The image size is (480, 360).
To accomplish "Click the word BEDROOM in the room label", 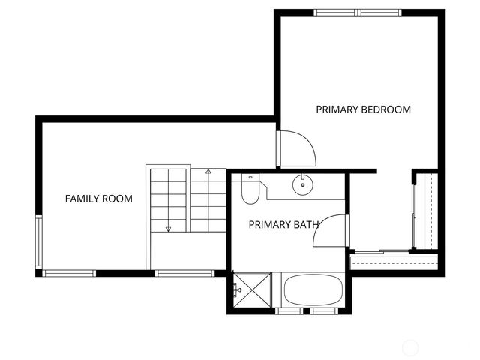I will pos(386,109).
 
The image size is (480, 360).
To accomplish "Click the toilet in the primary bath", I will pos(250,190).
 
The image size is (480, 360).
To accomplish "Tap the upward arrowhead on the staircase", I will pos(208,172).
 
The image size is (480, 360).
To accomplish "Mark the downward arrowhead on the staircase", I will pos(169,228).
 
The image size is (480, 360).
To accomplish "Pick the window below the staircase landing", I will pos(184,273).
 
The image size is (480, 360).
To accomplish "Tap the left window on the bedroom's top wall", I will pos(335,12).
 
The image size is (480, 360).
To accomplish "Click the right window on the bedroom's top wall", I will pos(381,12).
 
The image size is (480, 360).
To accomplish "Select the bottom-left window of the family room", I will pos(69,273).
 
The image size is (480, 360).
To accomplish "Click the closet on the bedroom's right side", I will pos(424,211).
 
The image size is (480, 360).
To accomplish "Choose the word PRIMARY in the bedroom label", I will pos(337,109).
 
